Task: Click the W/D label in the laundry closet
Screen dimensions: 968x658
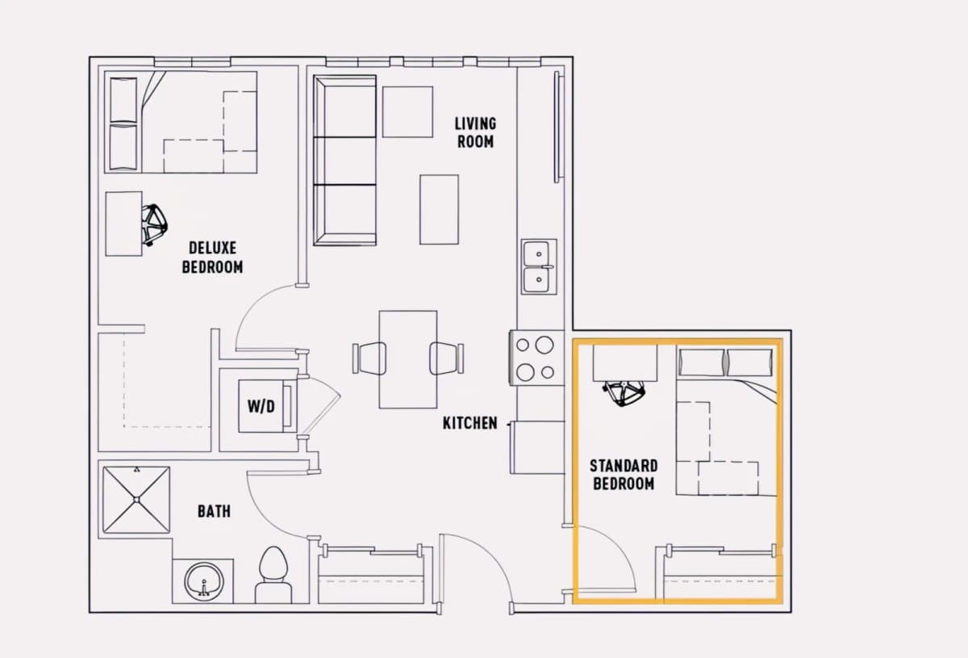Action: pos(261,406)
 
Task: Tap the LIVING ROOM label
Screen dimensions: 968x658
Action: pos(475,132)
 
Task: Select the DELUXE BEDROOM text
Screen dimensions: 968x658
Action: pos(212,258)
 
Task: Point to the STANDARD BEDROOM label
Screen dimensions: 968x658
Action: pos(624,475)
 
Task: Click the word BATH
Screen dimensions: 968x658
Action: pos(214,511)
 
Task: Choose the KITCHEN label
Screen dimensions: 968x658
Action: pos(470,423)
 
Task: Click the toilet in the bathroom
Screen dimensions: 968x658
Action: pos(273,575)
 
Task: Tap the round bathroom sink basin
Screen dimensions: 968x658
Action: pos(204,580)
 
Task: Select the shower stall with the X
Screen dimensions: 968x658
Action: pos(136,500)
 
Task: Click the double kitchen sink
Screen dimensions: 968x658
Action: pos(539,266)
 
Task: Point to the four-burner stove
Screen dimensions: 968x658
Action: pos(536,358)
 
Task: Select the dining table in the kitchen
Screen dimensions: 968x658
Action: pos(408,359)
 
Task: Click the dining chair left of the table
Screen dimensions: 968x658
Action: pos(369,358)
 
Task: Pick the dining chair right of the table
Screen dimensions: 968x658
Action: pos(446,358)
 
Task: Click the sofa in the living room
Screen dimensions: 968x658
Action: pos(345,160)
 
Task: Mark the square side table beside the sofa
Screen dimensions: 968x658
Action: pos(407,112)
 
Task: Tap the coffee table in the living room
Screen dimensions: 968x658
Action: pos(439,209)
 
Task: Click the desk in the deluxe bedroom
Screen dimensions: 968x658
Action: pos(123,224)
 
